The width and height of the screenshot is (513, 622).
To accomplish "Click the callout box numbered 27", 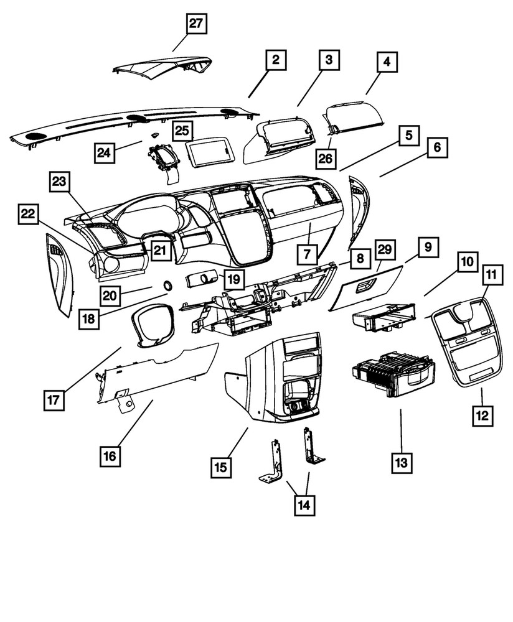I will pos(196,25).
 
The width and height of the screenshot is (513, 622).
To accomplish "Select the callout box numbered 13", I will pos(402,462).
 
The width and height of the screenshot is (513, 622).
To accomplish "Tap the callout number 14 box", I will pos(305,504).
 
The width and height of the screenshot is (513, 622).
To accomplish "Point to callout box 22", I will pos(27,214).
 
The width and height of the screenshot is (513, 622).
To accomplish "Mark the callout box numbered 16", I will pos(110,456).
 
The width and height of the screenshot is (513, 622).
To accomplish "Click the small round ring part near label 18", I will pos(168,285).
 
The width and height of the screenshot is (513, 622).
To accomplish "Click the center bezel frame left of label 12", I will pos(468,345).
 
